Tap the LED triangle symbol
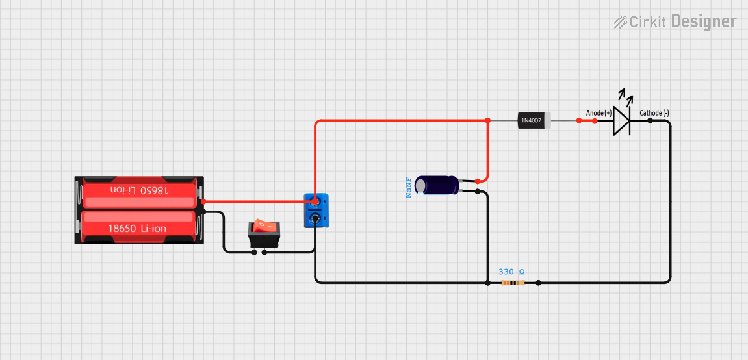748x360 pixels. tap(622, 120)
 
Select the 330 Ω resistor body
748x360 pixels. tap(513, 283)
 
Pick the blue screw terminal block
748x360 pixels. tap(316, 211)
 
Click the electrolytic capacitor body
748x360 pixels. tap(437, 185)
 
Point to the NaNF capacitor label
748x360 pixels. tap(409, 186)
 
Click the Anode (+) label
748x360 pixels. tap(599, 113)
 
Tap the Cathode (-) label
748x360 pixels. tap(654, 113)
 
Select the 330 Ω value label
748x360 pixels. tap(511, 272)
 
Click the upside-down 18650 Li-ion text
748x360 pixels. tap(138, 190)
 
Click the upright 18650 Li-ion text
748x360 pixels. tap(137, 229)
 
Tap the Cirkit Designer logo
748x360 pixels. tap(675, 21)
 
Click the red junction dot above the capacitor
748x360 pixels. tap(487, 120)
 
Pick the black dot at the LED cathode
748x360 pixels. tap(650, 120)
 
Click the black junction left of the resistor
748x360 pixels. tap(488, 283)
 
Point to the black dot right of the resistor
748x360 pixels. tap(538, 283)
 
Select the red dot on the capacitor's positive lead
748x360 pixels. tap(478, 181)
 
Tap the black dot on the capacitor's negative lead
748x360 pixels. tap(478, 192)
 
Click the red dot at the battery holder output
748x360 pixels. tap(203, 201)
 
